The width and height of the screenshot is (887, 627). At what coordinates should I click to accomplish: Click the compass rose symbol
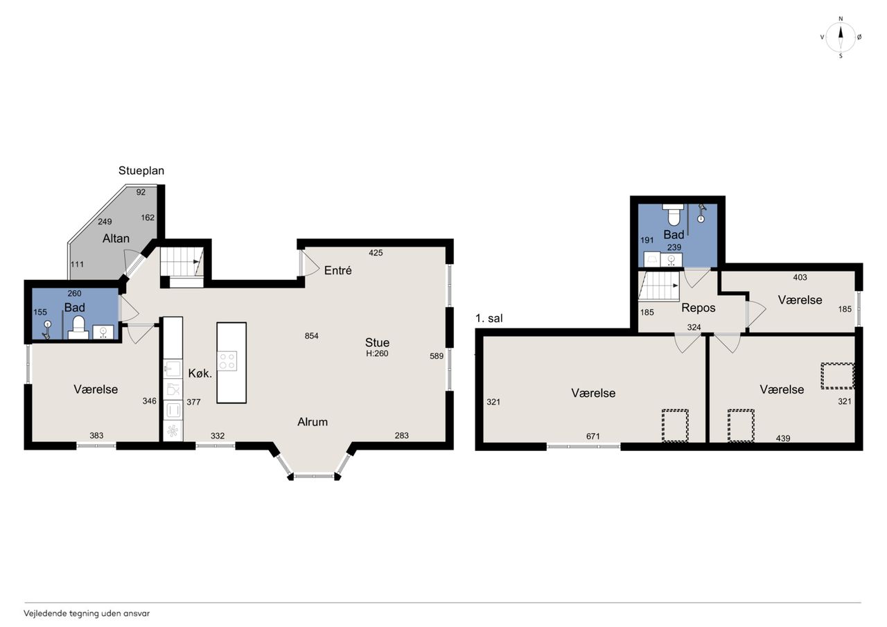coord(841,37)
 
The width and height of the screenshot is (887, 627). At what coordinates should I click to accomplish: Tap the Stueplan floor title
coord(141,171)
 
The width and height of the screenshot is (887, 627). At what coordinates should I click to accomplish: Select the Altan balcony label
coord(116,238)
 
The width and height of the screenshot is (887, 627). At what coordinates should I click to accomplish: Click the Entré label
coord(337,270)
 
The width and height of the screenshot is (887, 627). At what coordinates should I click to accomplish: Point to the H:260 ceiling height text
coord(377,353)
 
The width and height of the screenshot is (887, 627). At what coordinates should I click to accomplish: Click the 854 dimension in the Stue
coord(312,336)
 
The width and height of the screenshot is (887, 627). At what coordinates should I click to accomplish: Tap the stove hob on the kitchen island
coord(227,360)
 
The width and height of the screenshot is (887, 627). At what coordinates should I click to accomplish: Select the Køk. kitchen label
coord(200,373)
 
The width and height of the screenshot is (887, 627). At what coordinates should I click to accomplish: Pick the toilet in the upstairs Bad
coord(673,214)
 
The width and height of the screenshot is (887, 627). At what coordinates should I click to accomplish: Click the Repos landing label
coord(699,308)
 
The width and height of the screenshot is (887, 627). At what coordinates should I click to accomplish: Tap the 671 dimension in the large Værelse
coord(592,436)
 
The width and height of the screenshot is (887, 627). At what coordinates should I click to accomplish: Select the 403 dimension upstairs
coord(800,278)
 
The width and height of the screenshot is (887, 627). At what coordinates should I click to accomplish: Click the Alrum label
coord(313,422)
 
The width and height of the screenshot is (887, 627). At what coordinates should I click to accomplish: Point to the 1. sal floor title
coord(489,318)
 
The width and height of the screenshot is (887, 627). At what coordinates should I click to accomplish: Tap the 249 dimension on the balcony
coord(105,222)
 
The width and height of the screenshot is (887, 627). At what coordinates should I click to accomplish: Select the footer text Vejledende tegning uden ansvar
coord(87,614)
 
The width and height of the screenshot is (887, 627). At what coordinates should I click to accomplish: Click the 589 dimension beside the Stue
coord(437,356)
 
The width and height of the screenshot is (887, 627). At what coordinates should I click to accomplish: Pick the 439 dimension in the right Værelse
coord(783,439)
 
